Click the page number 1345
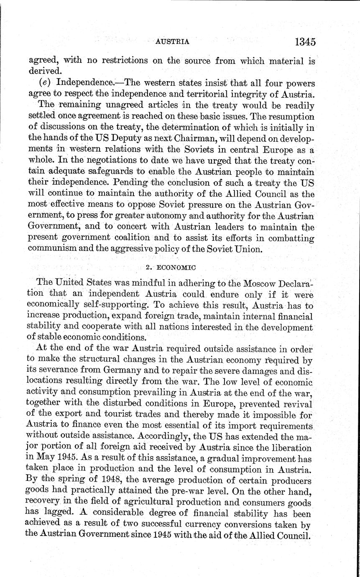coord(304,42)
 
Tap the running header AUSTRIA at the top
coord(172,42)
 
